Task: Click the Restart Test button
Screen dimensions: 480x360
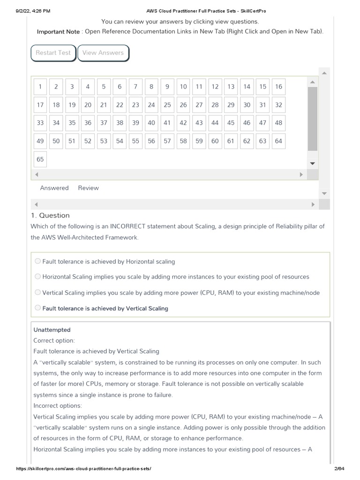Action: tap(53, 53)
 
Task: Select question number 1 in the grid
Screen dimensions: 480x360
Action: tap(40, 87)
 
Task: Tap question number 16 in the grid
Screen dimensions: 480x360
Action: tap(278, 87)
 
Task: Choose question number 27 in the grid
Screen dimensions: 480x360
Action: tap(199, 105)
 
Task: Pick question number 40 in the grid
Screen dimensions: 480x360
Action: tap(151, 123)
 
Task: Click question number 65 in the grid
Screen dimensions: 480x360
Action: tap(40, 159)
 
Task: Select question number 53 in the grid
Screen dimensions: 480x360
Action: tap(104, 141)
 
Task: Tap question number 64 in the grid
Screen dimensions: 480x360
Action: tap(278, 141)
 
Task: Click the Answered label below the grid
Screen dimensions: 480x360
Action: tap(54, 188)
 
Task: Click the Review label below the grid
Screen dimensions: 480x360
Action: tap(88, 188)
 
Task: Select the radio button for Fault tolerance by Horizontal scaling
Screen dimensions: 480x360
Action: tap(37, 261)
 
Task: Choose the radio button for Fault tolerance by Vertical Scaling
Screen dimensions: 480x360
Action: tap(37, 308)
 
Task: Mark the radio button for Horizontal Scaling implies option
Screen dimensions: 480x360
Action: tap(37, 277)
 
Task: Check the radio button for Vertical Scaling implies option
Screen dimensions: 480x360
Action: tap(37, 292)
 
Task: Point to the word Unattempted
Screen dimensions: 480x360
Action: tap(52, 330)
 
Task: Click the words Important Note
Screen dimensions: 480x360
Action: tap(58, 32)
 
